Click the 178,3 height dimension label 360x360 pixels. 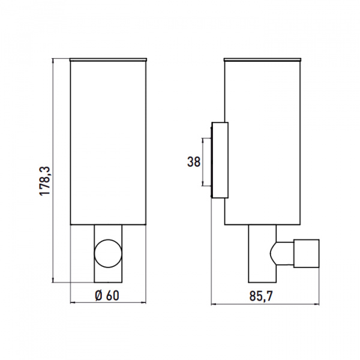click(x=45, y=181)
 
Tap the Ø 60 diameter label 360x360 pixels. click(x=107, y=295)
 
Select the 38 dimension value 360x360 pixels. click(x=194, y=161)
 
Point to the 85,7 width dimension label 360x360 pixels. click(x=261, y=296)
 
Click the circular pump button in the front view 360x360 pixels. click(x=108, y=253)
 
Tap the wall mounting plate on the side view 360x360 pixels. click(x=220, y=160)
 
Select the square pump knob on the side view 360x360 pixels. click(x=307, y=253)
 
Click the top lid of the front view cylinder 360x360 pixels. click(x=108, y=59)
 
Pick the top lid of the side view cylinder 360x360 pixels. click(x=262, y=59)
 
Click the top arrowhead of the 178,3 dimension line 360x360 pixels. click(x=53, y=61)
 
